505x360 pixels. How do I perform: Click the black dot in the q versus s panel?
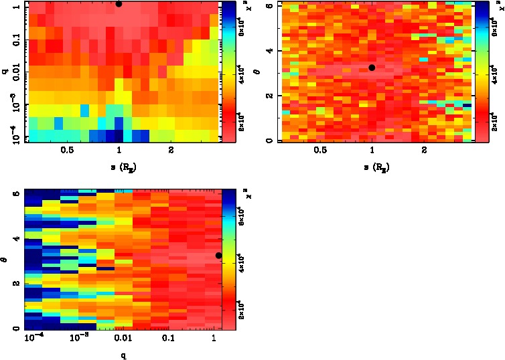coord(119,3)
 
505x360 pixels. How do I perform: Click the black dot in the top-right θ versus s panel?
coord(372,67)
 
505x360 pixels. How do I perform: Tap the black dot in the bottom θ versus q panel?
coord(218,255)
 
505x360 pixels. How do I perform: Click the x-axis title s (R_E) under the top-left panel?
coord(119,165)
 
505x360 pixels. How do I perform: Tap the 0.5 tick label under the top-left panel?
coord(67,151)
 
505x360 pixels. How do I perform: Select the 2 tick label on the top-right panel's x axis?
coord(425,151)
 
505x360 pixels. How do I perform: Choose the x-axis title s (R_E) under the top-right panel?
coord(372,165)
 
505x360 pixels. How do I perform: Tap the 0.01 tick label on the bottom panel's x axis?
coord(121,339)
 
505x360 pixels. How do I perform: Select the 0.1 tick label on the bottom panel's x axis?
coord(167,339)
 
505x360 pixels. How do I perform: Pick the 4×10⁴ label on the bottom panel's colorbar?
coord(242,264)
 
